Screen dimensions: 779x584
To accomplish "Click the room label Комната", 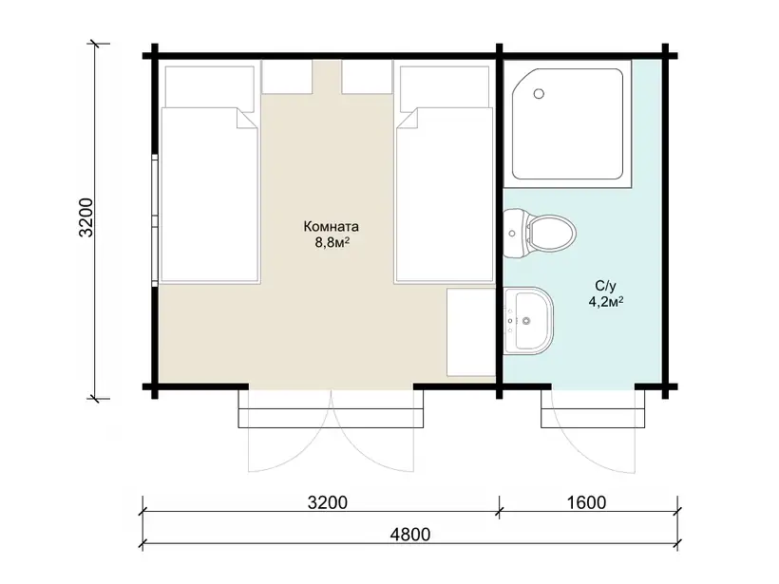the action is click(x=331, y=227).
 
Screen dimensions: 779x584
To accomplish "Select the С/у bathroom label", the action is click(x=605, y=286).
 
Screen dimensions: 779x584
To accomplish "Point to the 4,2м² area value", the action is click(x=606, y=301).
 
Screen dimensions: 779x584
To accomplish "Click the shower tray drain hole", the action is click(x=539, y=93).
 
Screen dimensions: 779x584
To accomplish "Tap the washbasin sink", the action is click(x=528, y=321).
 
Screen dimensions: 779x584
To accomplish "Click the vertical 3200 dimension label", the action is click(x=85, y=217).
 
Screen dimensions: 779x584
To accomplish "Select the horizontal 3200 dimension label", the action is click(x=328, y=502).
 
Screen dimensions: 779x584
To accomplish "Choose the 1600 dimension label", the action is click(x=586, y=502).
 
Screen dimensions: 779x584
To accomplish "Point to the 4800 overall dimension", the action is click(x=409, y=535).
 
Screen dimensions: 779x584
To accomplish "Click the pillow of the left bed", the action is click(x=209, y=86).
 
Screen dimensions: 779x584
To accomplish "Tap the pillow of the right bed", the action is click(x=445, y=86).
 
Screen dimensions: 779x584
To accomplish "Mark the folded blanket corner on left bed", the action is click(x=247, y=120).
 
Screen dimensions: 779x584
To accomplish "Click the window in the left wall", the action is click(x=155, y=220).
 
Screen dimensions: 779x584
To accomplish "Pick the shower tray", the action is click(x=567, y=123).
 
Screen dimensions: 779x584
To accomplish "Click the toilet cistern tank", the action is click(x=515, y=233).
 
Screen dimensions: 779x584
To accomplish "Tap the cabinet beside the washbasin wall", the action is click(x=471, y=332).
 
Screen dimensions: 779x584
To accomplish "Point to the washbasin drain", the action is click(x=526, y=321).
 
